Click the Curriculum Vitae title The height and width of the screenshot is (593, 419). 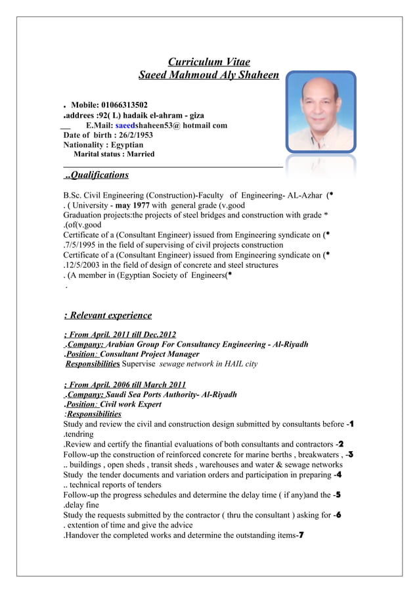[x=209, y=62]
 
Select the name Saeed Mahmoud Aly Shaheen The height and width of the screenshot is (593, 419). [x=209, y=76]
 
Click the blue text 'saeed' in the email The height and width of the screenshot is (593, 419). [x=125, y=125]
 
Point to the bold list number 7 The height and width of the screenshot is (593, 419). [x=300, y=535]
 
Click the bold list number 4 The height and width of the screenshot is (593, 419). [x=338, y=474]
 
